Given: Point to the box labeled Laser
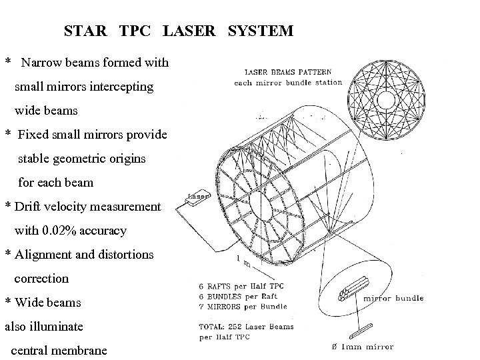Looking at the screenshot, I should (198, 197).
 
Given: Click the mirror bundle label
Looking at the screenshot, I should (395, 298).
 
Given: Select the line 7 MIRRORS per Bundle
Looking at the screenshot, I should (243, 307).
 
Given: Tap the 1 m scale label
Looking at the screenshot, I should (242, 262).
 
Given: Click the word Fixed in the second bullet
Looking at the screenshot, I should (33, 135).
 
